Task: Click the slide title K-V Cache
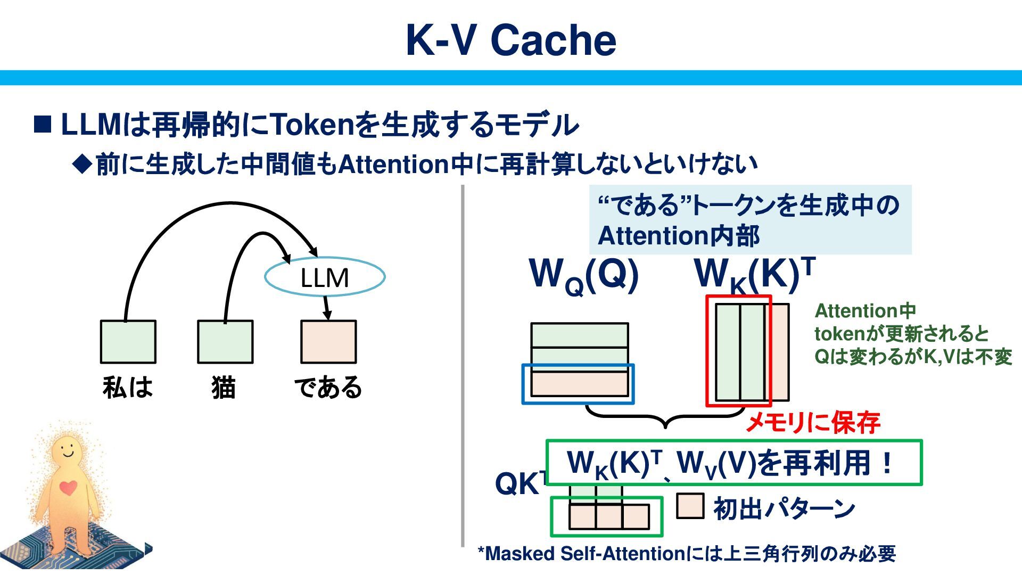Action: click(x=511, y=40)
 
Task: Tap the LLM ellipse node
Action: click(x=325, y=277)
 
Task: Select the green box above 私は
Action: click(x=128, y=342)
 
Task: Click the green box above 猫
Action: click(x=225, y=342)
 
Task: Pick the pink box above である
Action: click(x=328, y=342)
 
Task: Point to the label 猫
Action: click(x=224, y=387)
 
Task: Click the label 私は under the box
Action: click(x=128, y=387)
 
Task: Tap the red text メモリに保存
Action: click(x=813, y=423)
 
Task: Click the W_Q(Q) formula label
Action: click(x=584, y=275)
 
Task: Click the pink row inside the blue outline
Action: click(x=579, y=384)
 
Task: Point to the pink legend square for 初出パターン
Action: click(x=690, y=506)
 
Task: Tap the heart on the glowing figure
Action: click(x=68, y=487)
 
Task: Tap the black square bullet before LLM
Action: click(x=43, y=125)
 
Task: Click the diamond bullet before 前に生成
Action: click(x=83, y=164)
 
